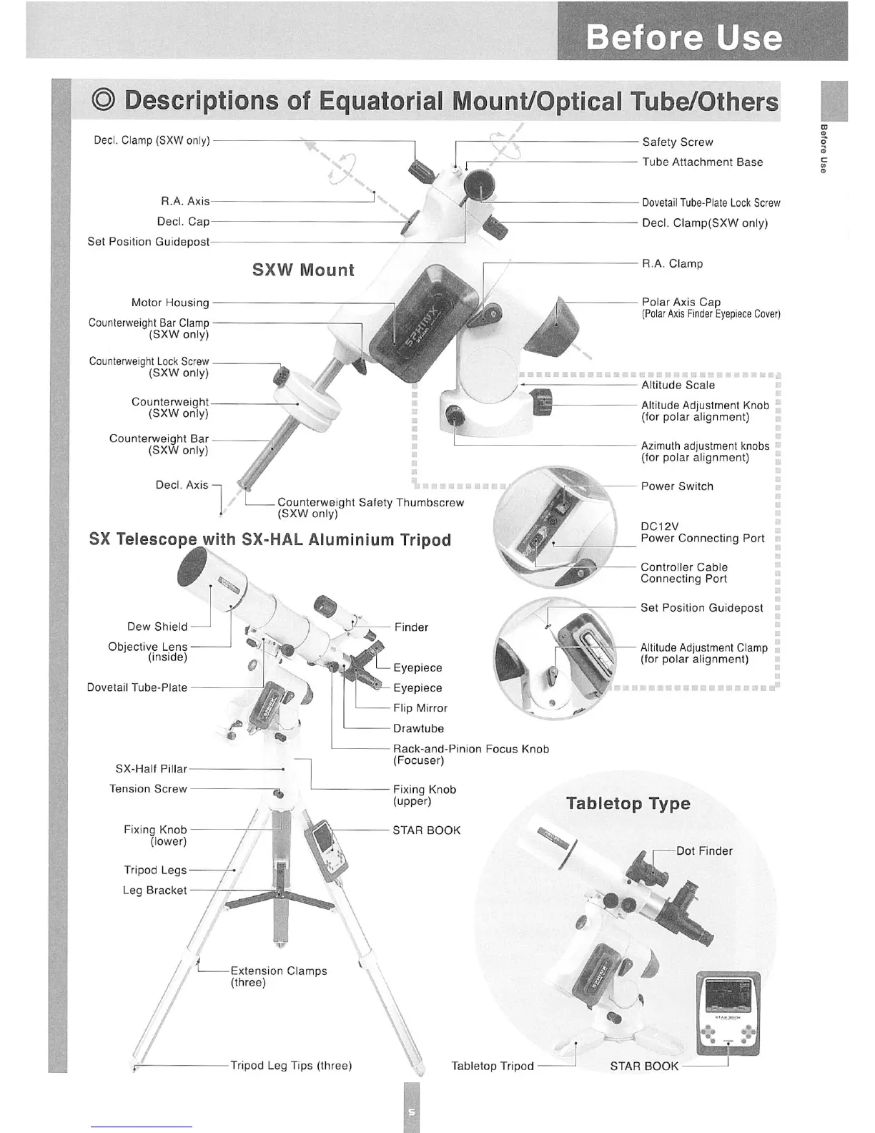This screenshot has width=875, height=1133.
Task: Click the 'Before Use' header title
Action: pos(683,37)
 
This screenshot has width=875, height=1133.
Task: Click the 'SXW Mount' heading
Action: pos(303,270)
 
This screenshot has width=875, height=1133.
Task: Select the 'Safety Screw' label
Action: pos(677,142)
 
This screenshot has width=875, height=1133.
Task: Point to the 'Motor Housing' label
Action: pos(170,303)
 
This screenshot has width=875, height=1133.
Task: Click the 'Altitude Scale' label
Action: pos(678,385)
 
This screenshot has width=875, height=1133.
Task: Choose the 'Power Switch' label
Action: pos(677,486)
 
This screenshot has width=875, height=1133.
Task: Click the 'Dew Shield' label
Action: pos(157,627)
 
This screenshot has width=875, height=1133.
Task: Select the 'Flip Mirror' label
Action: pos(420,708)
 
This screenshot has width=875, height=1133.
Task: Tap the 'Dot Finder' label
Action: pos(704,850)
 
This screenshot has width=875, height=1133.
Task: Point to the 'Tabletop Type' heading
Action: pos(628,803)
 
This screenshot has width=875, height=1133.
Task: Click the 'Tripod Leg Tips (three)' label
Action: pos(291,1065)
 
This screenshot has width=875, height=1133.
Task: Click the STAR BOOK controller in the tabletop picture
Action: pos(727,1014)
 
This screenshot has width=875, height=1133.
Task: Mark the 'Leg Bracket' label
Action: pos(154,891)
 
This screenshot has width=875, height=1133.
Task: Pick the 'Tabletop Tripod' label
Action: pos(493,1066)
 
